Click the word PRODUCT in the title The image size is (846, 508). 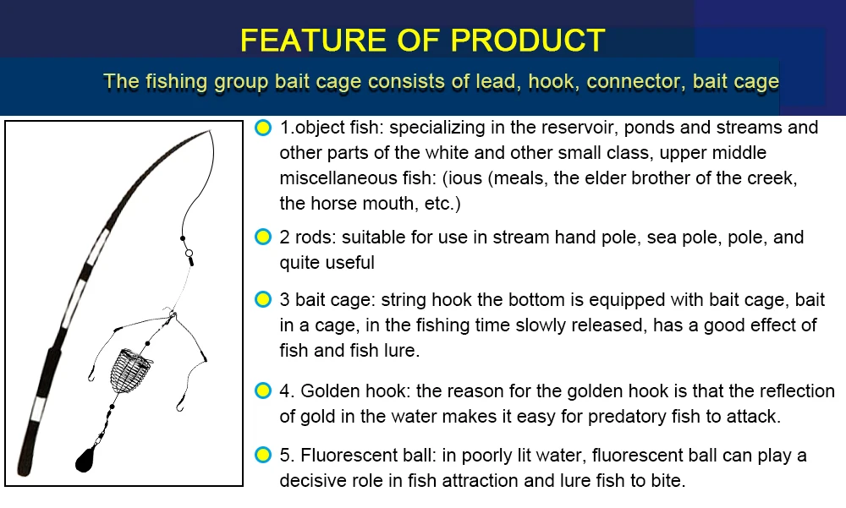(x=527, y=40)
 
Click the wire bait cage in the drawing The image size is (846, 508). (x=130, y=370)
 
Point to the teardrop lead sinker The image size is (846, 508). (x=85, y=459)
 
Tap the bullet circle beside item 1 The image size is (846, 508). (x=263, y=128)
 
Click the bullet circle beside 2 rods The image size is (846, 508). (x=263, y=237)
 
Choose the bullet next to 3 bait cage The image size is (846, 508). (x=263, y=299)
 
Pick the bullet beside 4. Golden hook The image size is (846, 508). (x=263, y=391)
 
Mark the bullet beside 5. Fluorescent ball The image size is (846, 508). (x=263, y=455)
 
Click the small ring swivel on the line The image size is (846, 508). (x=189, y=253)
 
